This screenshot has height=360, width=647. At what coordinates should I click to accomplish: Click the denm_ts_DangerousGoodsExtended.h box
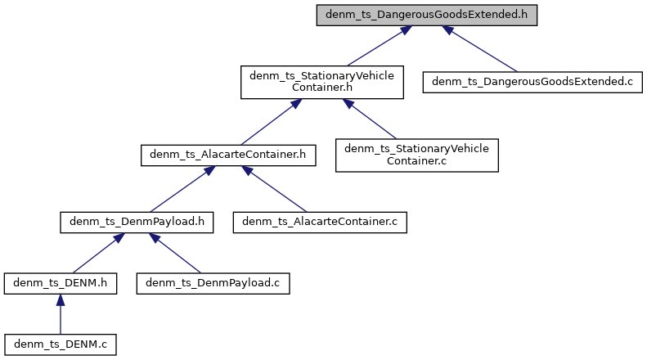tap(427, 16)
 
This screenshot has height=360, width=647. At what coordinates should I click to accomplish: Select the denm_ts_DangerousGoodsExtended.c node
tap(532, 82)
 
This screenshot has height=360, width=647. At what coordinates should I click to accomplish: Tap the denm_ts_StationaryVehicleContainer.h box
tap(322, 82)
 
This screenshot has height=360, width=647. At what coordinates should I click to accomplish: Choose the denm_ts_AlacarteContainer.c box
tap(321, 221)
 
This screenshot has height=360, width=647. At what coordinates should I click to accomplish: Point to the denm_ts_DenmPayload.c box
tap(212, 283)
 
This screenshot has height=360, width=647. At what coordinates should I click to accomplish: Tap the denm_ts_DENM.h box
tap(60, 283)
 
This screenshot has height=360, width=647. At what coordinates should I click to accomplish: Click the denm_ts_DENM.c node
tap(60, 345)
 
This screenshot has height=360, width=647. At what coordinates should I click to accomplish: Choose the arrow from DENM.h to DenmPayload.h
tap(92, 254)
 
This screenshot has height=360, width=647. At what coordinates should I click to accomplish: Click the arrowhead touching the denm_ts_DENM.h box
tap(60, 300)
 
